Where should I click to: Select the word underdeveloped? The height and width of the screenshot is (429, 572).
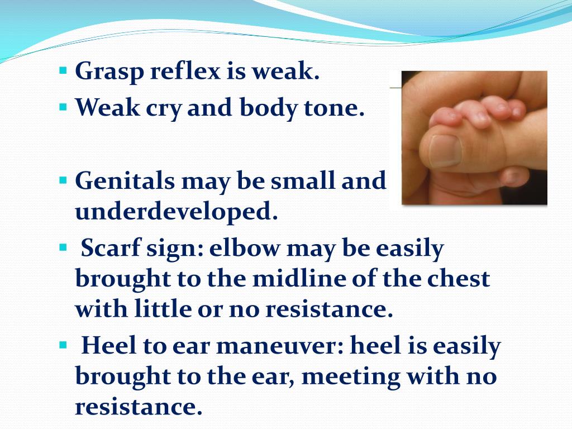coord(177,213)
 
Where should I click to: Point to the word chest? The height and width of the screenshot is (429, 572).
coord(458,278)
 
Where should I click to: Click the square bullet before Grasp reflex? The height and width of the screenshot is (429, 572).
coord(63,71)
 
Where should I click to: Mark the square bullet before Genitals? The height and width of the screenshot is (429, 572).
coord(63,180)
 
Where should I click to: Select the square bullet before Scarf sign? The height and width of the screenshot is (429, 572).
coord(63,246)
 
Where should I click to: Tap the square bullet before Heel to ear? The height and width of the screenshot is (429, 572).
coord(63,344)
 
